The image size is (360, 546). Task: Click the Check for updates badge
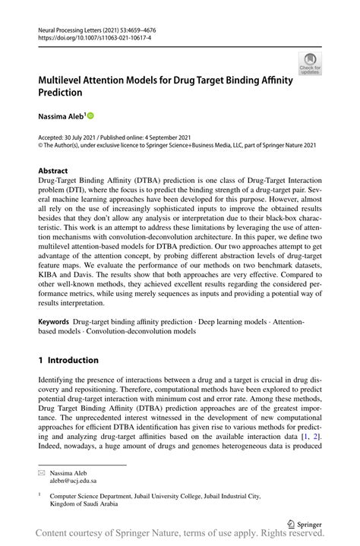pos(309,63)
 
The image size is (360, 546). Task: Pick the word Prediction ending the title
pos(60,92)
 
